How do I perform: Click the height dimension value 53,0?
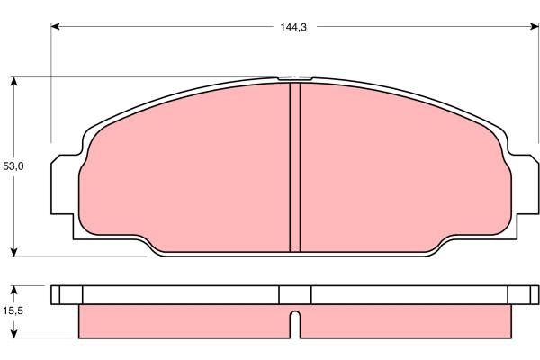pos(13,166)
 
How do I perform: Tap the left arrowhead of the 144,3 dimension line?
pos(55,27)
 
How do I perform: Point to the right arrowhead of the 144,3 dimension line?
pos(531,27)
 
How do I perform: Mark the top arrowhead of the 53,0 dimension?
pos(14,82)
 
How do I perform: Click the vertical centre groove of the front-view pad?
pos(294,166)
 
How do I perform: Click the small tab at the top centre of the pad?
pos(294,79)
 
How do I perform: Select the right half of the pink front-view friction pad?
pos(405,171)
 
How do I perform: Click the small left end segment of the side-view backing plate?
pos(67,294)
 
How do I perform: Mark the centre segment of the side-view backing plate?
pos(294,294)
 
